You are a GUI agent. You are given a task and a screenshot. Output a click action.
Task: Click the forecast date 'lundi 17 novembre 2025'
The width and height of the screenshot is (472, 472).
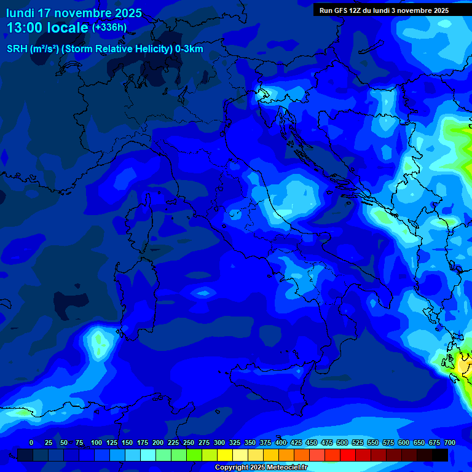coord(74,13)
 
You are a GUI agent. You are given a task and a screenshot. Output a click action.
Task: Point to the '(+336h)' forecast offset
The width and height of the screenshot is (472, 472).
coord(109,27)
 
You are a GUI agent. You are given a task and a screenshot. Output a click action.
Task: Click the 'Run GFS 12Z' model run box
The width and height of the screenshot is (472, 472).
coord(384,10)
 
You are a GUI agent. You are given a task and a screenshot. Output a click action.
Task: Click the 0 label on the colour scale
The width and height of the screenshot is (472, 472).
coord(31,442)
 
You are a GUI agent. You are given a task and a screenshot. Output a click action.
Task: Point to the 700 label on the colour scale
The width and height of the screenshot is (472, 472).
coord(449,442)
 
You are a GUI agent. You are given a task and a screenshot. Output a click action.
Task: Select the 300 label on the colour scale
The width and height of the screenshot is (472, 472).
coord(219,442)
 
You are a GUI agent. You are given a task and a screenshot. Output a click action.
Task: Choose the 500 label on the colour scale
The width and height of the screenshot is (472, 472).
coord(342,442)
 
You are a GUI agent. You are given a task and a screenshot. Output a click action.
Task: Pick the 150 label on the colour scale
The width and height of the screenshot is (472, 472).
coord(127,442)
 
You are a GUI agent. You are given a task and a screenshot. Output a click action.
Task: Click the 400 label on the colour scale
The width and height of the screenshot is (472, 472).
coord(281,442)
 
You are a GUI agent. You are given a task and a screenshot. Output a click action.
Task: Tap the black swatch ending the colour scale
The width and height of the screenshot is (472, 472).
coord(440,455)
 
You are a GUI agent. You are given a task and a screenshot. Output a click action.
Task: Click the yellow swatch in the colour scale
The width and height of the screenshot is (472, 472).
coord(225,455)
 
